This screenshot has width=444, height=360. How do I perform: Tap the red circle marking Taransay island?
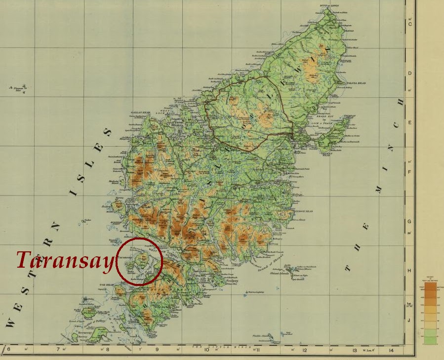click(x=140, y=261)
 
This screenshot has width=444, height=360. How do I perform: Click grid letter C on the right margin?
click(x=409, y=24)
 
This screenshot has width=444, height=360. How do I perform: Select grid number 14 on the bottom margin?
click(x=391, y=351)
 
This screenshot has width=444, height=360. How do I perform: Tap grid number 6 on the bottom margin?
click(x=8, y=350)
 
